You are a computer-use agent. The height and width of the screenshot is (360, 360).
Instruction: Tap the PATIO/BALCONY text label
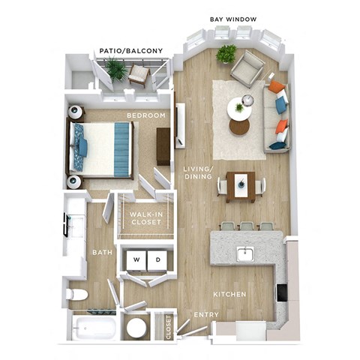[x=130, y=50]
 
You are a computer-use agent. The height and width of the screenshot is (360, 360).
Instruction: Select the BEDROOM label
[x=145, y=115]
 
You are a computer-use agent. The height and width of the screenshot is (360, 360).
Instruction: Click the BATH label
[x=102, y=253]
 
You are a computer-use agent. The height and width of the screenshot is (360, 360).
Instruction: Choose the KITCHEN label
[x=229, y=295]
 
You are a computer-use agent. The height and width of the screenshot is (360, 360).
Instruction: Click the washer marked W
[x=136, y=259]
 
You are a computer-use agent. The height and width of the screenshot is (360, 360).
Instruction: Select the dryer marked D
[x=157, y=259]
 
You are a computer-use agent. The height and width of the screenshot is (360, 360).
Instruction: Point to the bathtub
[x=94, y=328]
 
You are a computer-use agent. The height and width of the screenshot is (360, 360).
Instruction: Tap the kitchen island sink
[x=245, y=254]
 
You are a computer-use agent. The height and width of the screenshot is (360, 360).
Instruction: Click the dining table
[x=240, y=184]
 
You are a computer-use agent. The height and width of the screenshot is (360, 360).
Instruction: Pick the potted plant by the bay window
[x=226, y=54]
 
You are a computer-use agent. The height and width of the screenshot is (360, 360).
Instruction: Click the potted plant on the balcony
[x=116, y=70]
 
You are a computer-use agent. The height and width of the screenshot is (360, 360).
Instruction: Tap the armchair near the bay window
[x=247, y=70]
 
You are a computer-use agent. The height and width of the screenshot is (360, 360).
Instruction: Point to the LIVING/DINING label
[x=198, y=175]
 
